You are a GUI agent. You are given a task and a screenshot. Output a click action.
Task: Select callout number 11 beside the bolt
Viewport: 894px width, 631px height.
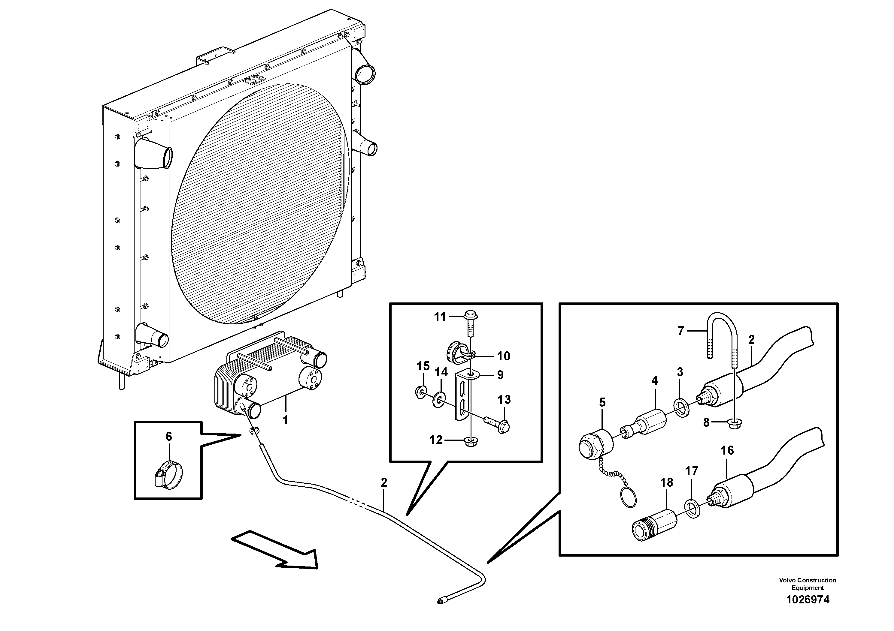440,317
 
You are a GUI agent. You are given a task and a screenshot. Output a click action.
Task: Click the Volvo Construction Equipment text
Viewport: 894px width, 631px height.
808,584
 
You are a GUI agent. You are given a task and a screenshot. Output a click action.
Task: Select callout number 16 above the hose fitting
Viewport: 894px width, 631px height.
727,450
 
